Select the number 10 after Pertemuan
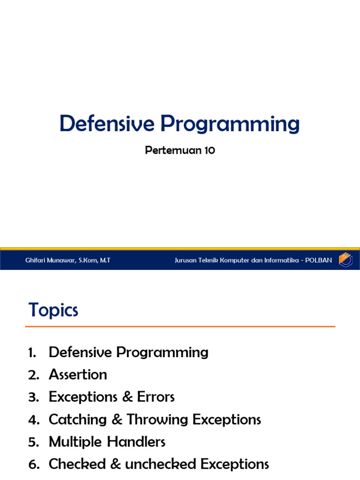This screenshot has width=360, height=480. (209, 151)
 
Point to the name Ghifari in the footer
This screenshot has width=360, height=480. (37, 260)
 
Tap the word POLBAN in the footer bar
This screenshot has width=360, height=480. (319, 260)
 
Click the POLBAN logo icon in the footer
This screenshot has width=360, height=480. (346, 259)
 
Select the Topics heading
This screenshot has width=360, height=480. (53, 310)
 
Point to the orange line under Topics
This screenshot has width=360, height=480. (180, 326)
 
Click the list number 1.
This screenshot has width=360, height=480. (31, 352)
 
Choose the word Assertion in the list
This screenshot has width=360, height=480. (78, 375)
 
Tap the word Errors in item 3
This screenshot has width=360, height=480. (156, 397)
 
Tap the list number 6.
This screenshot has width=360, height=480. (32, 465)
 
